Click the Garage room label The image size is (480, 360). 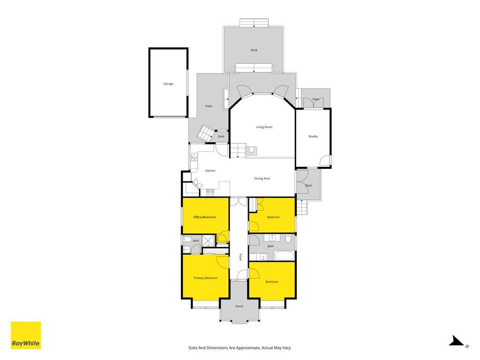coord(168,83)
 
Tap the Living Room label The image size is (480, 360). coord(264,127)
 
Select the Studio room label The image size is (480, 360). coord(313,136)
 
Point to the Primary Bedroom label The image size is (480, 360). coord(205,278)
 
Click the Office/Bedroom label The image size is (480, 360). coord(204,217)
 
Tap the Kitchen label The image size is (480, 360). coord(210,171)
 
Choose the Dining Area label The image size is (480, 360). coord(262,179)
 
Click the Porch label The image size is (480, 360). coord(240,306)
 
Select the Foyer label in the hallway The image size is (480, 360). coord(240,256)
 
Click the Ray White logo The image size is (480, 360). coord(26,335)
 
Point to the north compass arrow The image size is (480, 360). coord(457,341)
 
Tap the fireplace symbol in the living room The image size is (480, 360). coord(251,150)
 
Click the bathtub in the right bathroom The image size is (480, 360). coord(284,256)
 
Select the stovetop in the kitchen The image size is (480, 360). coord(210,192)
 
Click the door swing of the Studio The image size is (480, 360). coord(325,160)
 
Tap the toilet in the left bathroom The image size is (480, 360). coord(187,239)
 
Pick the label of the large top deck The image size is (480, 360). coord(254,50)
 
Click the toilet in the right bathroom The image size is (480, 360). coord(288,238)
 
